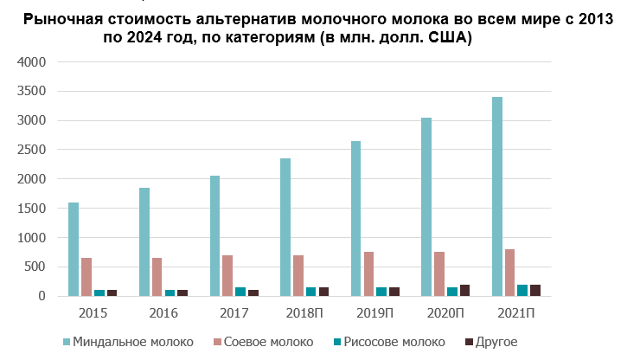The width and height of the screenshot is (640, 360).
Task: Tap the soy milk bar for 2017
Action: (227, 275)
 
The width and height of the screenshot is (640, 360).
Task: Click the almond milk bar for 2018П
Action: (285, 227)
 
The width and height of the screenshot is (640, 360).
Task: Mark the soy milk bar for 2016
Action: (157, 277)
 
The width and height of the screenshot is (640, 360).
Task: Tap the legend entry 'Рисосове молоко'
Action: (394, 342)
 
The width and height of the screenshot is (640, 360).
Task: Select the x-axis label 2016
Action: (163, 312)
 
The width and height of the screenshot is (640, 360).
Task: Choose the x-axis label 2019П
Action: (374, 312)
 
